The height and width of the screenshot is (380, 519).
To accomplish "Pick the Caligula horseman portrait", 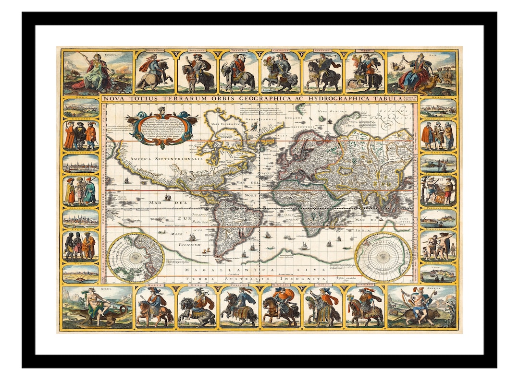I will [x=281, y=72].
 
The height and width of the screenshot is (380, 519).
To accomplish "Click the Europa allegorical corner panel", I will [x=98, y=72].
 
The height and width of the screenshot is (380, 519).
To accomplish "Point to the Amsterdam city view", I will [x=81, y=163].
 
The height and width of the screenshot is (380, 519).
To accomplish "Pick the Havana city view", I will [x=438, y=163].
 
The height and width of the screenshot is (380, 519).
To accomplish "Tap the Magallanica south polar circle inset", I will [x=383, y=257].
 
